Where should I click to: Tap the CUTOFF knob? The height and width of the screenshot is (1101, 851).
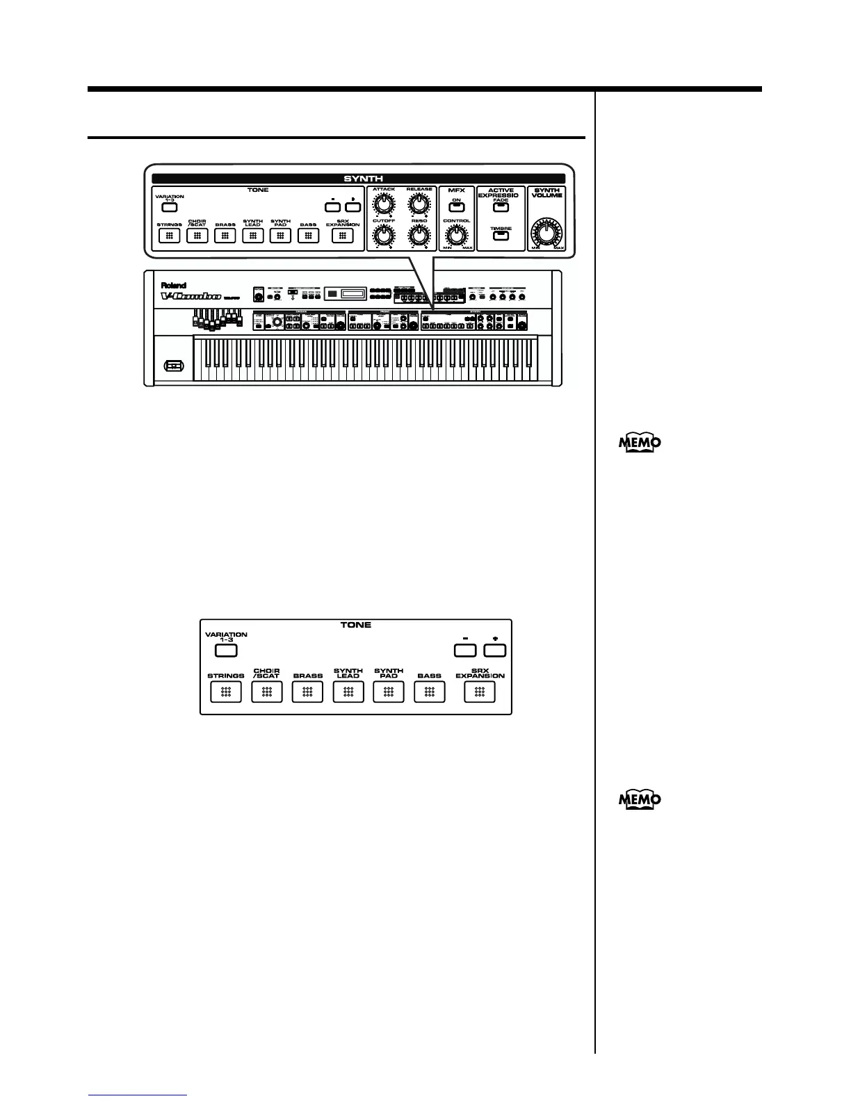382,236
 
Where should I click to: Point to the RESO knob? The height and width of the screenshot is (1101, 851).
418,236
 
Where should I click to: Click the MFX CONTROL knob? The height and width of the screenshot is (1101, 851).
457,236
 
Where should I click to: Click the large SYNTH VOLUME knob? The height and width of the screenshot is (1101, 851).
546,231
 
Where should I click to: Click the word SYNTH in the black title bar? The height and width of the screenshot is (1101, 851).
358,179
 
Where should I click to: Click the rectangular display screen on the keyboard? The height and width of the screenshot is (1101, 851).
346,295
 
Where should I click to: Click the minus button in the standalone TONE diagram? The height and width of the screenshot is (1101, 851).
465,651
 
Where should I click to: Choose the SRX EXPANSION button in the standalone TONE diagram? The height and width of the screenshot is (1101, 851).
479,692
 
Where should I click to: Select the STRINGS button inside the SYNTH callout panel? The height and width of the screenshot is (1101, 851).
169,236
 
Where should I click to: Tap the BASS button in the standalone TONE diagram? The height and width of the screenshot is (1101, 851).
430,692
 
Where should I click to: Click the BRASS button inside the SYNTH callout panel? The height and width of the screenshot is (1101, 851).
225,236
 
